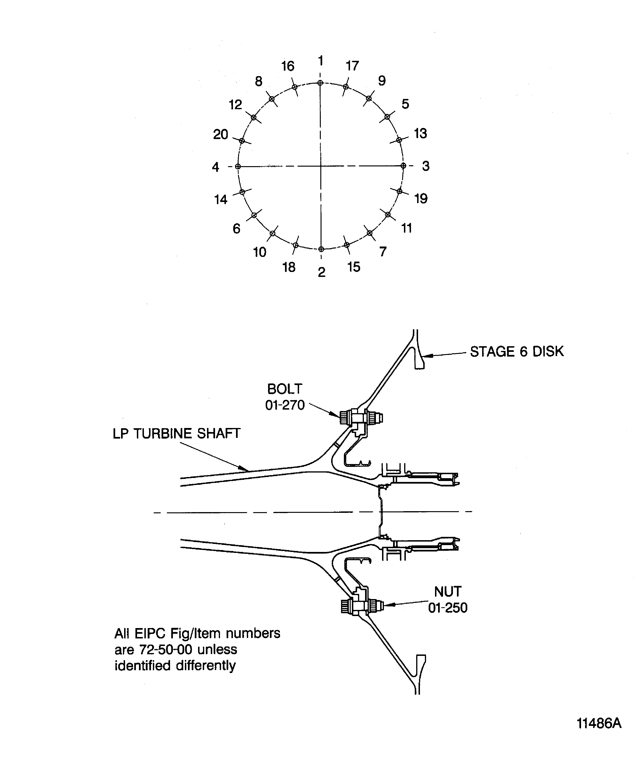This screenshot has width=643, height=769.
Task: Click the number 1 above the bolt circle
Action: [x=321, y=60]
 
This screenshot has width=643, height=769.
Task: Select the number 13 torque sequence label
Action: [x=420, y=133]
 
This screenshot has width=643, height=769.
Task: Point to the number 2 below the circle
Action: [x=321, y=272]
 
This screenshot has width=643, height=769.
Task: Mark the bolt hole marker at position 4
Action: [x=238, y=167]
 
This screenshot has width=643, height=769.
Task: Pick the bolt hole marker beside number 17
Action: [x=346, y=87]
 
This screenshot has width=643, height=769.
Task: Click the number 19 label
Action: [x=421, y=198]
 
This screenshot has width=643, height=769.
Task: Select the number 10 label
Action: [x=260, y=252]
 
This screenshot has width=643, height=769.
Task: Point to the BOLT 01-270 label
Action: [x=285, y=397]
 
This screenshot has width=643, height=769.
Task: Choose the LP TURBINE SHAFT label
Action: [x=176, y=434]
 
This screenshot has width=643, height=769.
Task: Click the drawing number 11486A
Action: [x=599, y=723]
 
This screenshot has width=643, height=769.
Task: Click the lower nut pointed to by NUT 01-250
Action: [x=377, y=606]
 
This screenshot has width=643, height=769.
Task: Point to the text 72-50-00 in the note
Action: [x=166, y=649]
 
